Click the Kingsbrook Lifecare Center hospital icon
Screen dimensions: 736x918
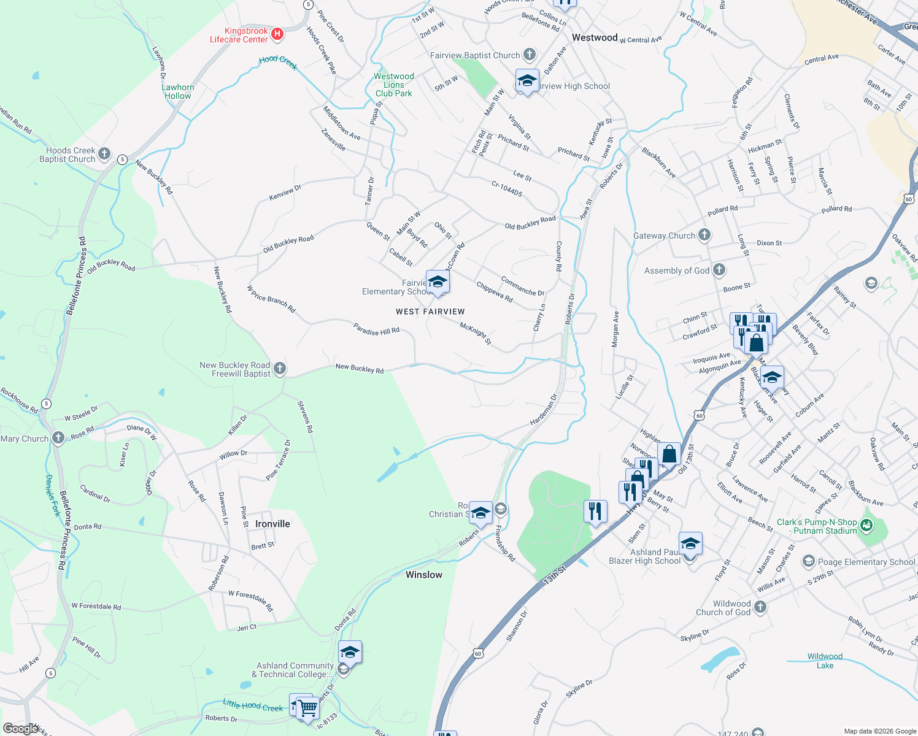(277, 34)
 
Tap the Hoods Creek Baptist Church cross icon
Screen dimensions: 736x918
(104, 153)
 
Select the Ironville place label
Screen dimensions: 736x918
(272, 524)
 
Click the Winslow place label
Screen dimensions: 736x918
(423, 575)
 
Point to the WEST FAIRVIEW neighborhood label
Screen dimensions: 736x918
(430, 312)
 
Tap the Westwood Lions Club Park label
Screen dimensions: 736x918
(394, 85)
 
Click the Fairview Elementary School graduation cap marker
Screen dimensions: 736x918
(438, 282)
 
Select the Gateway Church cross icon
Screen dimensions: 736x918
(704, 235)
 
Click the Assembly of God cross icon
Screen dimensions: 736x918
(719, 270)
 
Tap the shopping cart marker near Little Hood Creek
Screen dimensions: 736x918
(307, 708)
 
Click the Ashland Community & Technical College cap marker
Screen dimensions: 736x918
(350, 653)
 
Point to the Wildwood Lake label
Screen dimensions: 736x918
(825, 661)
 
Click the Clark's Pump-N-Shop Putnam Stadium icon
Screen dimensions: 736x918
(866, 525)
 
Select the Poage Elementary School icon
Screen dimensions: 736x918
(808, 561)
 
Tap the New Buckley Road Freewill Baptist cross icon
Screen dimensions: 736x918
(280, 369)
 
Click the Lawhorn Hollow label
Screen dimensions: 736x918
(178, 91)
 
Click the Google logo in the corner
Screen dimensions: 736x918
(21, 728)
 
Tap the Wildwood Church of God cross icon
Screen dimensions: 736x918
(760, 607)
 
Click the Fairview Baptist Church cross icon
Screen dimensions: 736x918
(530, 55)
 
